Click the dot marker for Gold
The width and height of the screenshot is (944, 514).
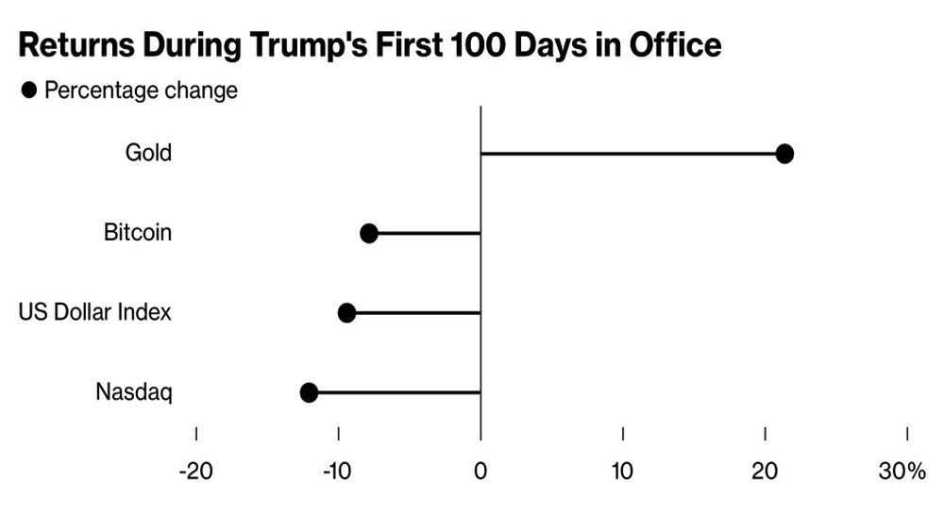[x=784, y=154]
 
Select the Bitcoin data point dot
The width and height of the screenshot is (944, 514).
[x=369, y=233]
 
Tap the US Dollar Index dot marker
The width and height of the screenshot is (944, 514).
[x=346, y=313]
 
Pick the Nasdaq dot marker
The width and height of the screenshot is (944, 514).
[x=309, y=393]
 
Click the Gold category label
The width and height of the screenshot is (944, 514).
[x=149, y=153]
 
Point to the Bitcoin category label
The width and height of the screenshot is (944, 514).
[x=138, y=232]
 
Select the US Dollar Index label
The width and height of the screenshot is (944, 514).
[x=95, y=312]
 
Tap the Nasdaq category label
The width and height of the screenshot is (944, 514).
[x=134, y=392]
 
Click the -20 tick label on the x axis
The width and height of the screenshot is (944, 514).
[x=196, y=472]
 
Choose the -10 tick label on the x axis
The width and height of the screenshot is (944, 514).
[x=337, y=472]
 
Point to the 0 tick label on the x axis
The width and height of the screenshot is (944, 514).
[x=480, y=472]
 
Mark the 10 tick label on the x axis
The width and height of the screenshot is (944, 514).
[x=622, y=472]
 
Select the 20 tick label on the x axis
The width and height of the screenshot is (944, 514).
[x=765, y=472]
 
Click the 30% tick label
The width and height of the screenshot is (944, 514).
[x=902, y=472]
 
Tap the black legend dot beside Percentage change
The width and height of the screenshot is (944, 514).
[x=29, y=91]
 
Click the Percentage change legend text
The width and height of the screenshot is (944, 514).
[x=142, y=91]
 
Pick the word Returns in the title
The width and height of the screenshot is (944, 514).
[x=76, y=45]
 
